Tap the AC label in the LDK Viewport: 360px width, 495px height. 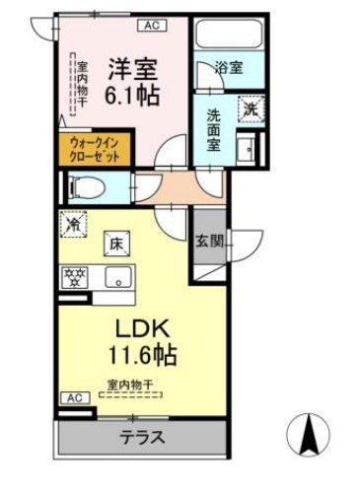click(73, 397)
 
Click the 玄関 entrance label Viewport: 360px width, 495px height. click(208, 239)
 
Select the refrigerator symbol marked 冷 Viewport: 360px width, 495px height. click(73, 226)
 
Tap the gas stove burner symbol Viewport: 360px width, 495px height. click(74, 277)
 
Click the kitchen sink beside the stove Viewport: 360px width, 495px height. click(116, 277)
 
